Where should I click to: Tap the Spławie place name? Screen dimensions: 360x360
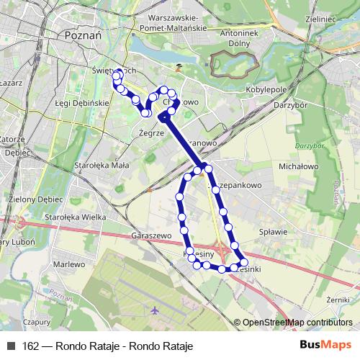point(271,232)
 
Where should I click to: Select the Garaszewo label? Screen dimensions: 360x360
point(153,235)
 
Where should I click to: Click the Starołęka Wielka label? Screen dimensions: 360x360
point(71,216)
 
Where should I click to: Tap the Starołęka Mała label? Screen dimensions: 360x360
point(101,165)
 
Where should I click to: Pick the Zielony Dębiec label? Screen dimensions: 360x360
point(32,199)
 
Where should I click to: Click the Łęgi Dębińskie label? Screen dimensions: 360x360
point(82,104)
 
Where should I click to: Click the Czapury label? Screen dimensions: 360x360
point(36,323)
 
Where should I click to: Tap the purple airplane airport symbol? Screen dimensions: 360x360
point(155,310)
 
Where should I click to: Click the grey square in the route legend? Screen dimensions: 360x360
point(11,346)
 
